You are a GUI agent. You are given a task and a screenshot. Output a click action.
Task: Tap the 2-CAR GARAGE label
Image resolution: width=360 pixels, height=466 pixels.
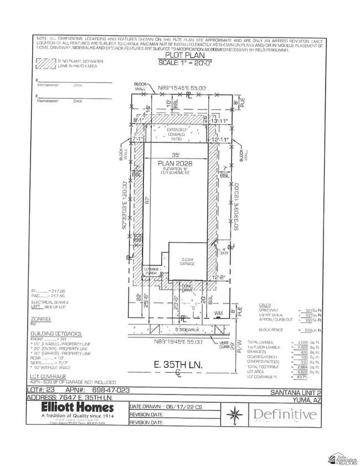click(x=188, y=262)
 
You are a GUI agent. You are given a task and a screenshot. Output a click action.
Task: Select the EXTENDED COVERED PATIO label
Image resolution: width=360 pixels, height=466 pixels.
click(x=178, y=133)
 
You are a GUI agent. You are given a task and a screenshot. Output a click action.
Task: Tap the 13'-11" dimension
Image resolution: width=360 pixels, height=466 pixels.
click(x=220, y=120)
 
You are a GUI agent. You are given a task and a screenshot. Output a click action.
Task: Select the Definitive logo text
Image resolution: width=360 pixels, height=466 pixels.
click(x=285, y=414)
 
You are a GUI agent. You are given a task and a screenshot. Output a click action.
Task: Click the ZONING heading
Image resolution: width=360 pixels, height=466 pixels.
click(x=42, y=319)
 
